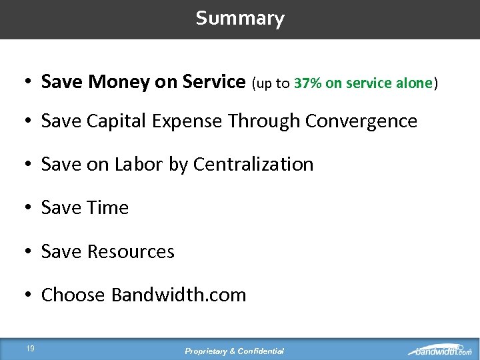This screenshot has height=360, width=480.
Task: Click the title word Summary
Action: [x=240, y=18]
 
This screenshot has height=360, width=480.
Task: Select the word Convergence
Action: [x=361, y=121]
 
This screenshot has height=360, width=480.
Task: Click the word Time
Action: [x=107, y=208]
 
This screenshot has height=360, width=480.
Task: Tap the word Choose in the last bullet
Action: [x=73, y=295]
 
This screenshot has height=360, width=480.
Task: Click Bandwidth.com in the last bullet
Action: [x=179, y=295]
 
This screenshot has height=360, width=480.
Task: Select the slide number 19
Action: [x=31, y=348]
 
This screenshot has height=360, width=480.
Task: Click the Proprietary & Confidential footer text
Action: [x=235, y=351]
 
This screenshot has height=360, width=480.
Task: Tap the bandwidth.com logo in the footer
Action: [x=440, y=350]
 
